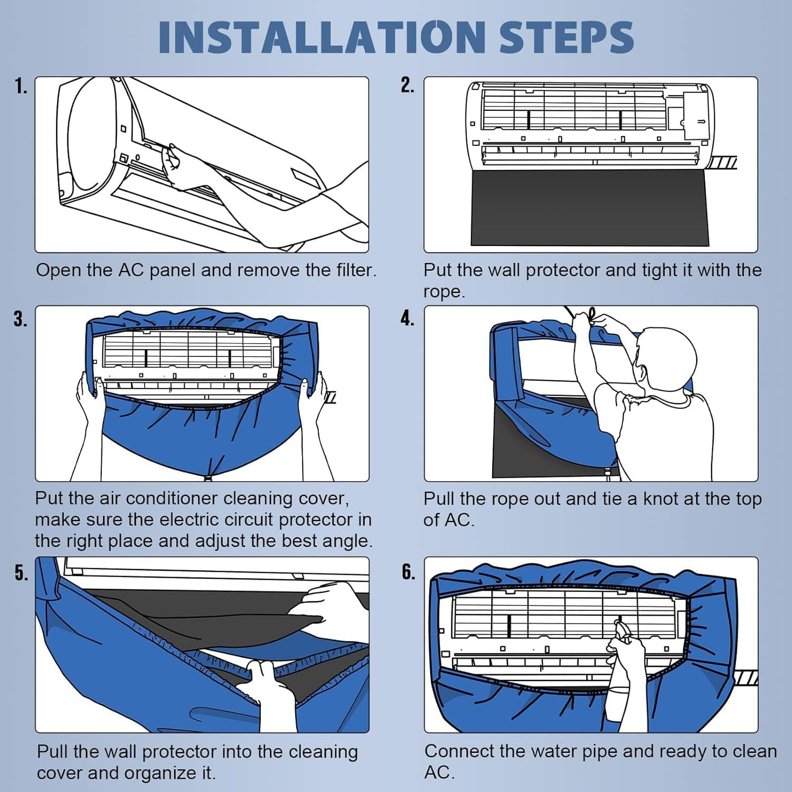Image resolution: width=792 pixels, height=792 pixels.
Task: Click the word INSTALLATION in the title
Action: [x=322, y=37]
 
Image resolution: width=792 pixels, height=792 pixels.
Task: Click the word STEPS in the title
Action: [x=566, y=37]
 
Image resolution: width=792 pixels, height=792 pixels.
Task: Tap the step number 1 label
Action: [x=21, y=86]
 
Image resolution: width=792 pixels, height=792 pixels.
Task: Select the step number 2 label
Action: [x=407, y=85]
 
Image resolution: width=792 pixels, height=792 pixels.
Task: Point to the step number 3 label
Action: [x=21, y=319]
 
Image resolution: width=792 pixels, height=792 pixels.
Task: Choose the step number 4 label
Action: [x=407, y=318]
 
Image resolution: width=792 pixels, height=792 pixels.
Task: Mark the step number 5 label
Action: [x=21, y=572]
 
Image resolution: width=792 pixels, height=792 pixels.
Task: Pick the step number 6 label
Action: [x=408, y=572]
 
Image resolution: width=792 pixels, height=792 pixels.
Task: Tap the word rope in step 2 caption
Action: [x=444, y=292]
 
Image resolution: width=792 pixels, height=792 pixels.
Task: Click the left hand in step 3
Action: [x=87, y=391]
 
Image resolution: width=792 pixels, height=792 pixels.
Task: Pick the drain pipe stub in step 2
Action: [x=721, y=163]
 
